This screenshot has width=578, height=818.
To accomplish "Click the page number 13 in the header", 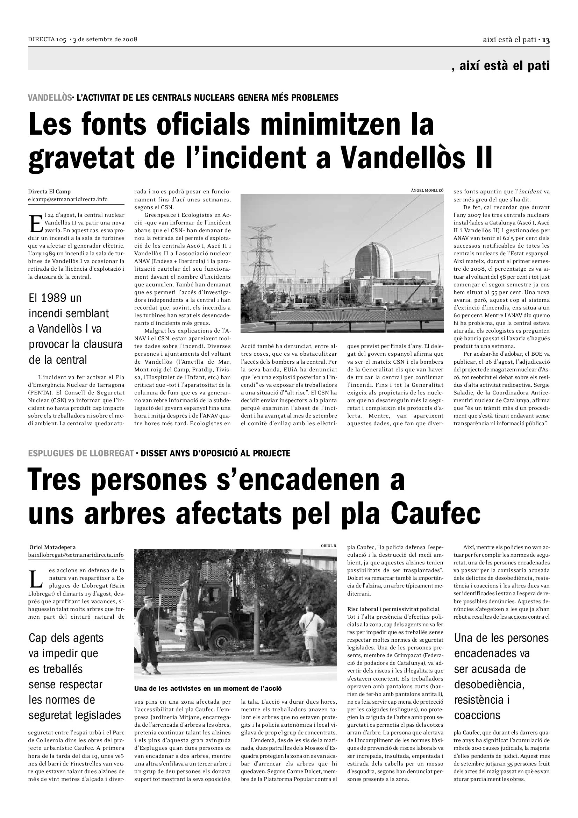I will pyautogui.click(x=545, y=40).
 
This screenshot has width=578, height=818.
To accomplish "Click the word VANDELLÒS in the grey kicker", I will pyautogui.click(x=50, y=97).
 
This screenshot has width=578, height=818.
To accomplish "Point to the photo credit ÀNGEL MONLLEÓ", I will pyautogui.click(x=427, y=190).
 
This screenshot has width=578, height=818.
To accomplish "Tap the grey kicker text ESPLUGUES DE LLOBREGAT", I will pyautogui.click(x=81, y=453).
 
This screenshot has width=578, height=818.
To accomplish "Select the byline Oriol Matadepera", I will pyautogui.click(x=52, y=547).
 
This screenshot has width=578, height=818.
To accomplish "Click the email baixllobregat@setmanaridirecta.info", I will pyautogui.click(x=76, y=555).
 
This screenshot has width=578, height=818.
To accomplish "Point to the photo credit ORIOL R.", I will pyautogui.click(x=329, y=546).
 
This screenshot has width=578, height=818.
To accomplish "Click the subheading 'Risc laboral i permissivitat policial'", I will pyautogui.click(x=393, y=609).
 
